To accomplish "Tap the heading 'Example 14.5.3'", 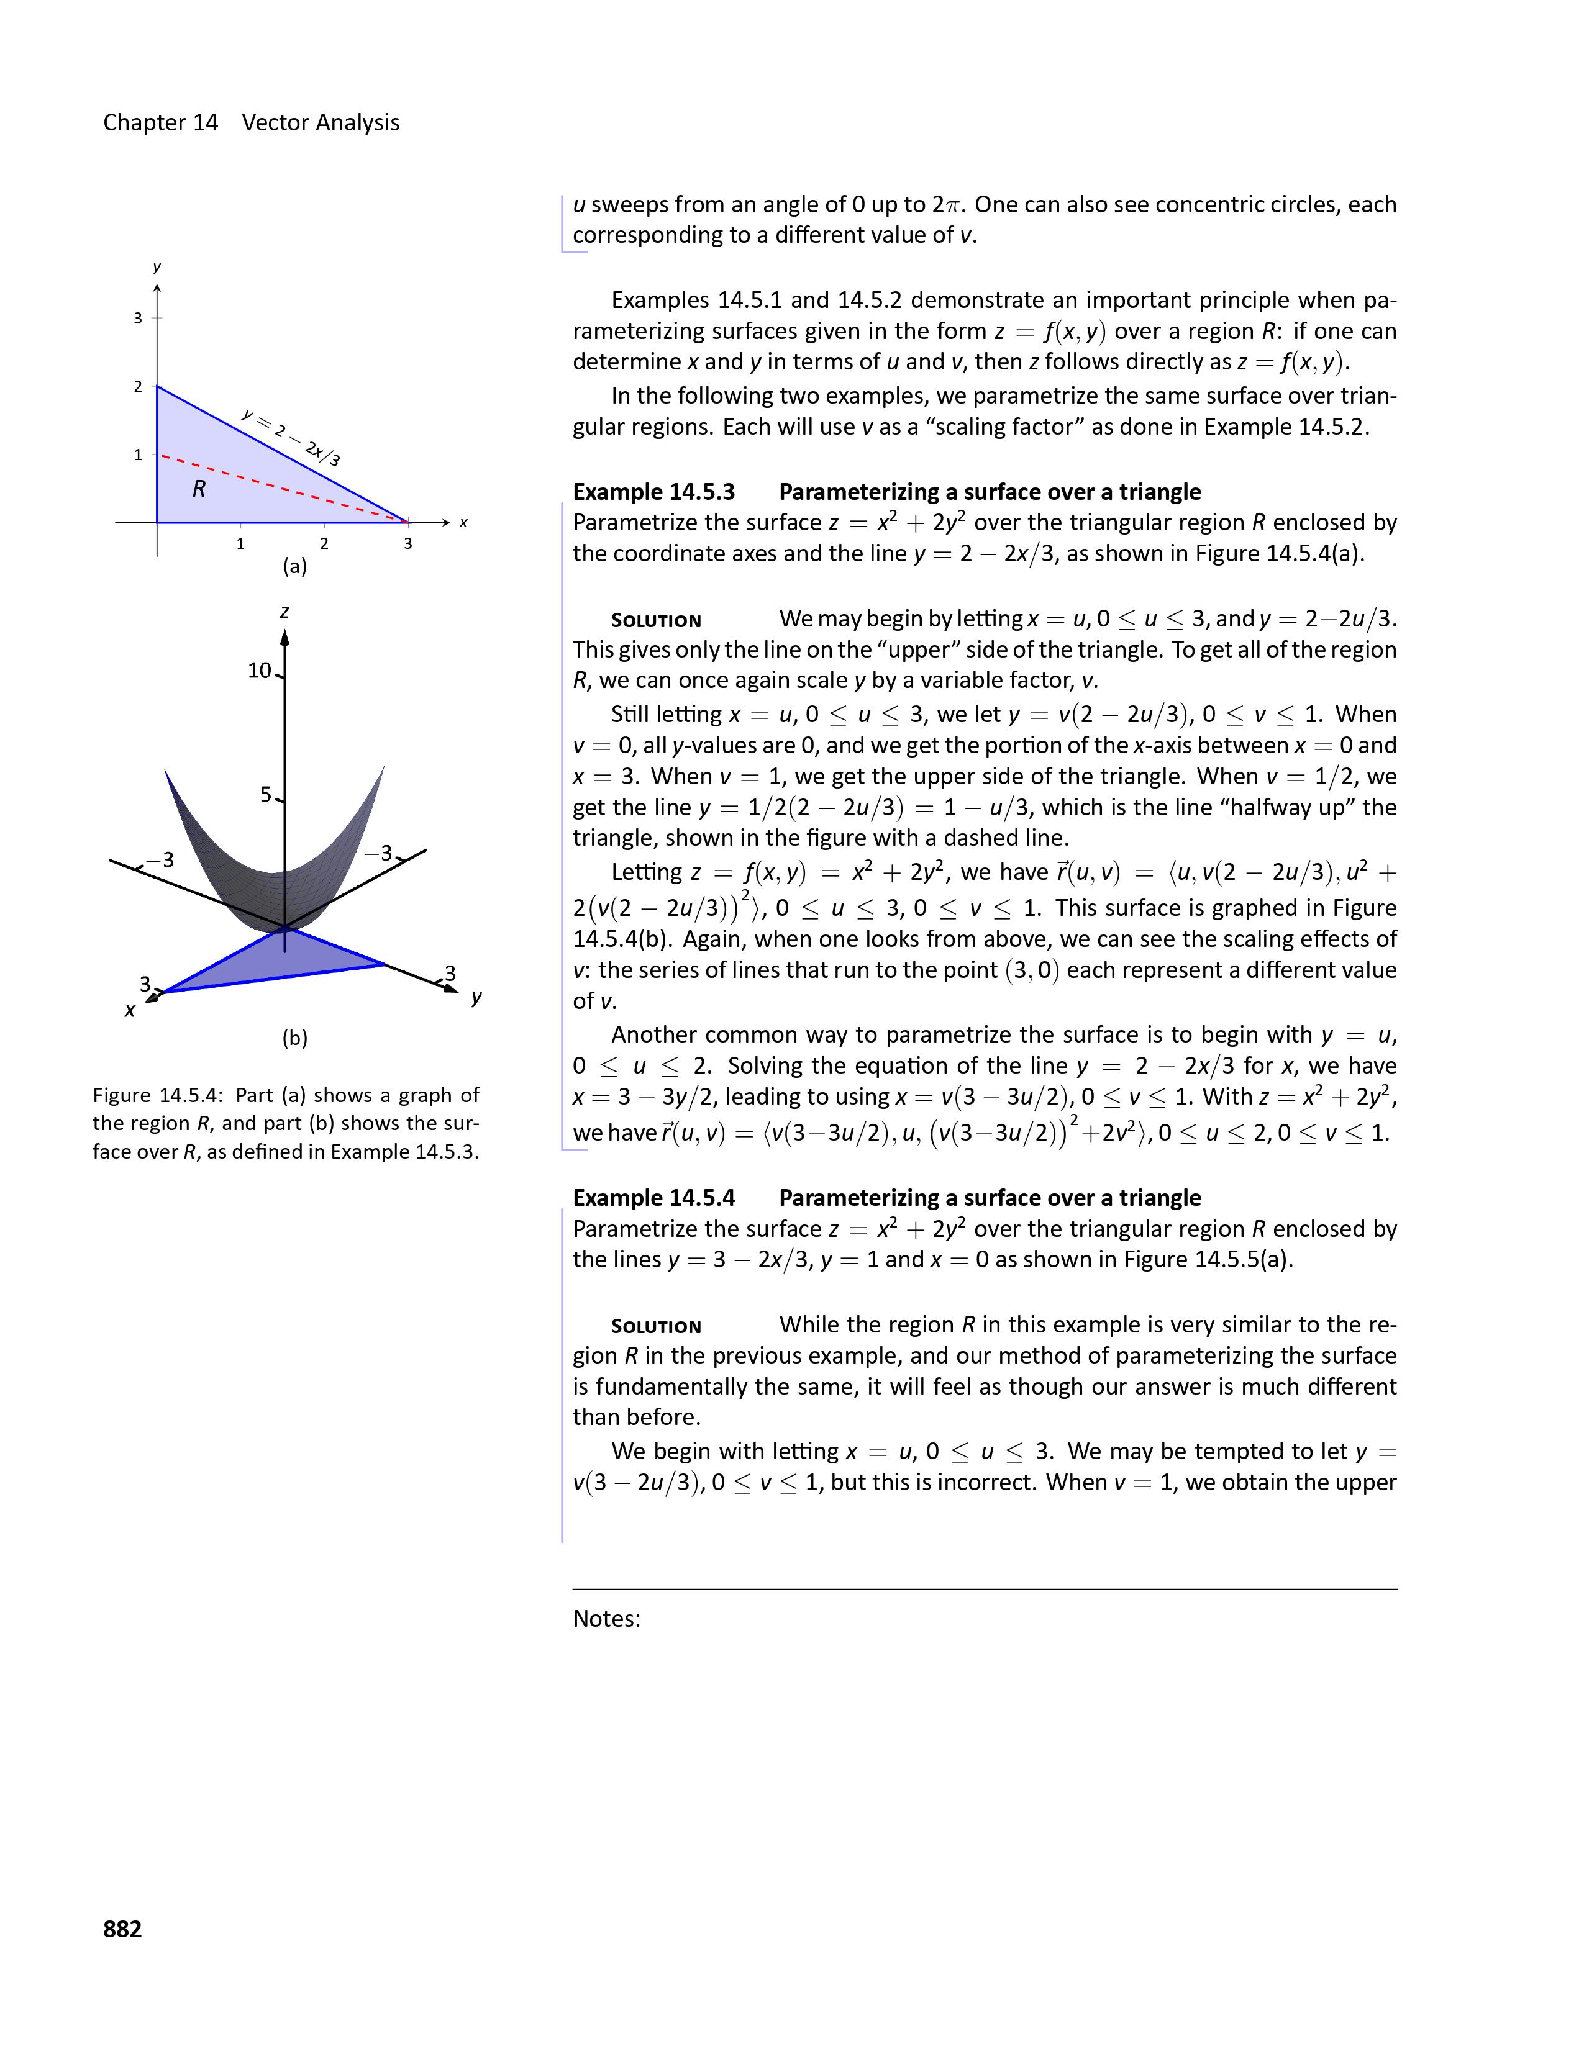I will point(654,492).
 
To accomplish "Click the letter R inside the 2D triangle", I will point(199,489).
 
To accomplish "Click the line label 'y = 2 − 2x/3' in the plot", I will point(290,437).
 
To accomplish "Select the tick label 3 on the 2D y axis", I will point(138,318).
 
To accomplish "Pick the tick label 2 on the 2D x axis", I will point(324,543).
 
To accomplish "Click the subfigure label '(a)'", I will point(294,567).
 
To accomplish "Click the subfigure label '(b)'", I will point(294,1038).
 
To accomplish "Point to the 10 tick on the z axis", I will point(259,670).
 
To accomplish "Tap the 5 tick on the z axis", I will point(266,795).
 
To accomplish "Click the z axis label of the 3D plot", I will point(284,612).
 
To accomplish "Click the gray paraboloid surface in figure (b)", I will point(272,863).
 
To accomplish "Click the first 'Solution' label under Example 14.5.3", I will point(656,620).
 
